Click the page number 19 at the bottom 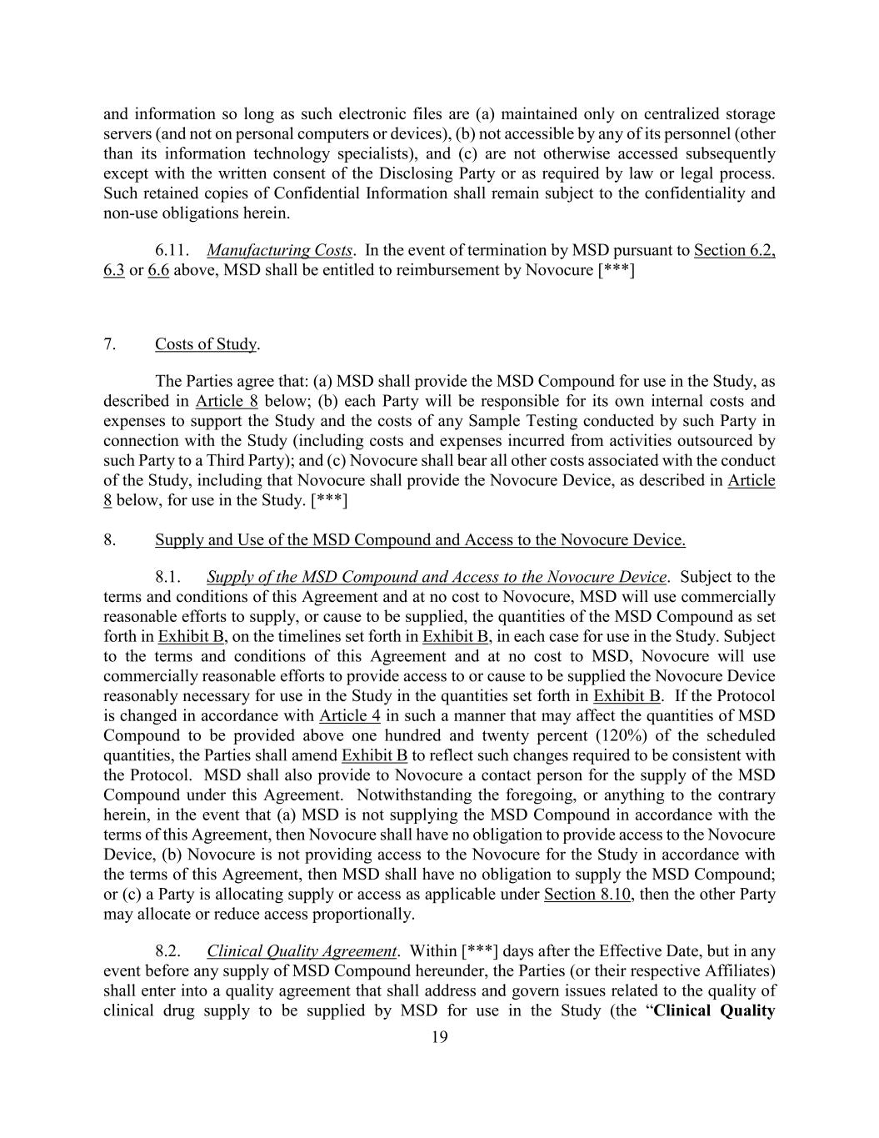[440, 1037]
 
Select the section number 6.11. [172, 250]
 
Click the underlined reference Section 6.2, [734, 250]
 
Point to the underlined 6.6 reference [158, 270]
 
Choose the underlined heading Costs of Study [206, 344]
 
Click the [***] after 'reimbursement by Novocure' [616, 270]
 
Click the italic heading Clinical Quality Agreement [301, 951]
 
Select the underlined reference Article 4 [350, 715]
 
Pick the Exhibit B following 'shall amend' [374, 755]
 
